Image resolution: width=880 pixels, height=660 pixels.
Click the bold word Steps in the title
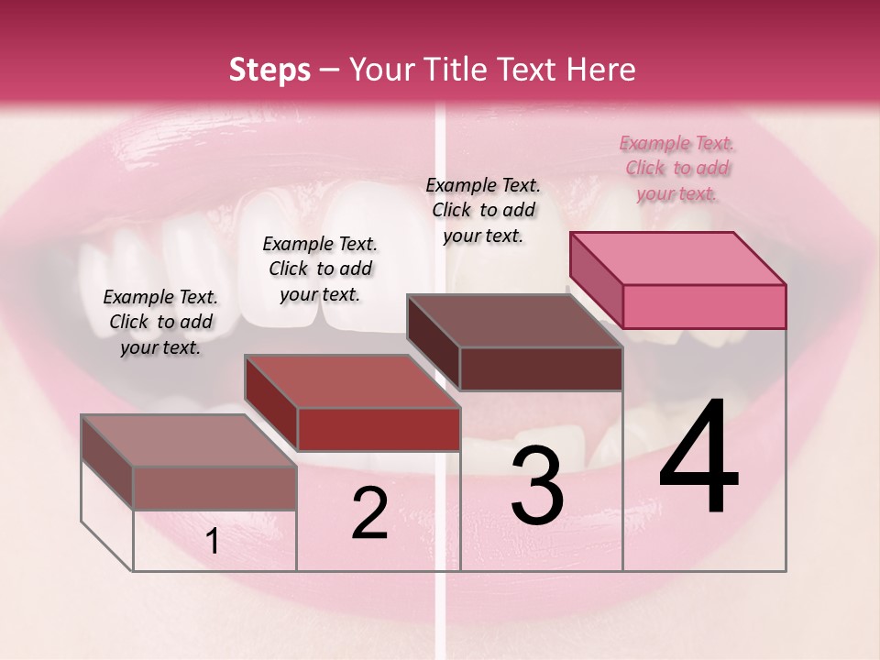tap(269, 70)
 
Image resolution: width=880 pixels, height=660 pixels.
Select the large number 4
tap(698, 457)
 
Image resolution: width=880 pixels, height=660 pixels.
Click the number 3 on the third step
tap(536, 486)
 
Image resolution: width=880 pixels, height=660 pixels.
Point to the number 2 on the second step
tap(369, 513)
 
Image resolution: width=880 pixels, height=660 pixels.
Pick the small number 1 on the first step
tap(212, 542)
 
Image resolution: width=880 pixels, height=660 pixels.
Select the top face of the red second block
tap(352, 381)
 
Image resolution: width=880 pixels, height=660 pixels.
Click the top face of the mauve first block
tap(189, 441)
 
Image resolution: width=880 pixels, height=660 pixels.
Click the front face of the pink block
tap(704, 306)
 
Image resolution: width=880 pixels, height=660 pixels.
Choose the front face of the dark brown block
tap(541, 368)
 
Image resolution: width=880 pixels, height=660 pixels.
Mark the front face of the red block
tap(378, 429)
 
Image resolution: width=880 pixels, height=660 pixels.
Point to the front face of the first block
tap(214, 488)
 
